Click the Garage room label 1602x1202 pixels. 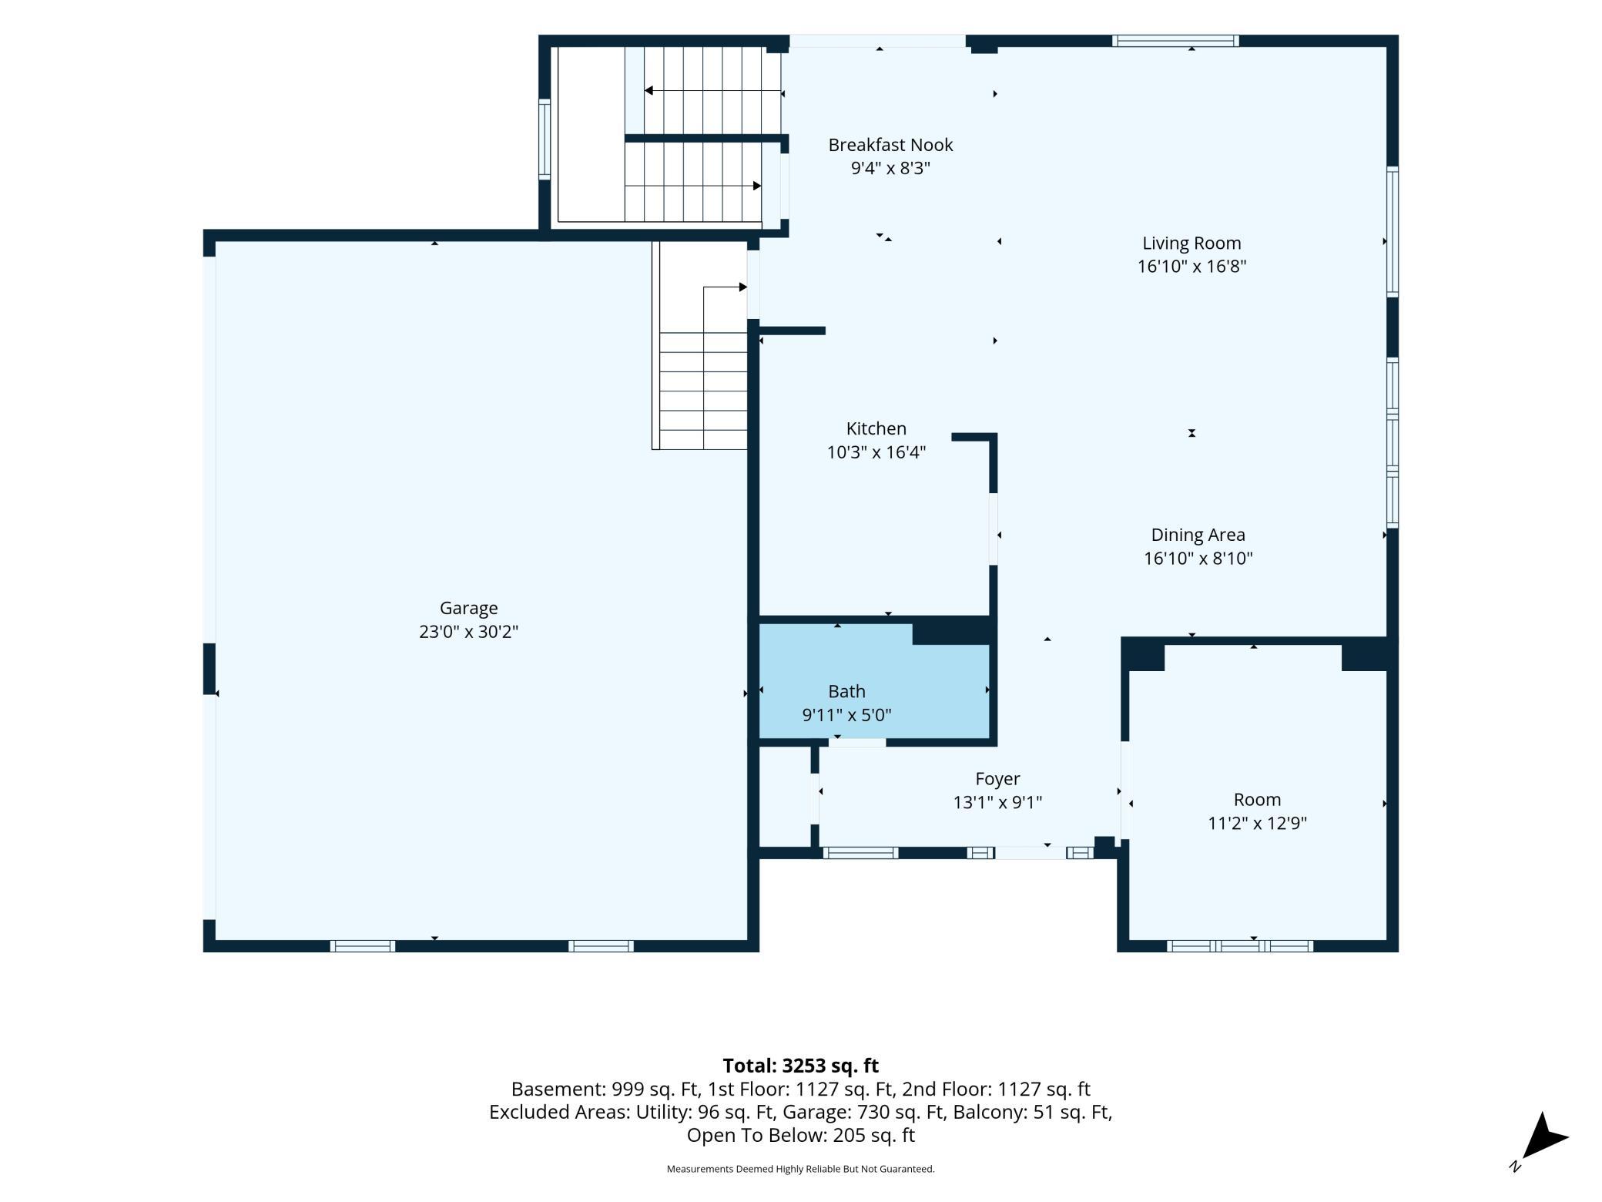point(468,608)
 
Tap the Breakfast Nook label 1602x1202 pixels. point(890,145)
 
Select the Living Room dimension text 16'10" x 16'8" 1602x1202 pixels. point(1191,267)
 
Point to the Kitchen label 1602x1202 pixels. point(876,428)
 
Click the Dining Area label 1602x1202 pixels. point(1198,535)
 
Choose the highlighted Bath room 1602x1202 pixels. point(874,681)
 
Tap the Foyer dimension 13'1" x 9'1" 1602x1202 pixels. point(997,803)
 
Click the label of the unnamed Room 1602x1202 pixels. point(1257,800)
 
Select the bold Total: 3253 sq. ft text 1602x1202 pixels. point(800,1066)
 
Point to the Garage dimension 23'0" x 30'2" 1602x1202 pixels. point(468,632)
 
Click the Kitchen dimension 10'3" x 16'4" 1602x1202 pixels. point(876,452)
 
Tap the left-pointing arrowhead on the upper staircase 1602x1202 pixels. point(649,91)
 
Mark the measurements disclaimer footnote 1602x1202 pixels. point(800,1169)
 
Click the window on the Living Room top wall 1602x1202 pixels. point(1175,41)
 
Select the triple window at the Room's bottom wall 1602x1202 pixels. point(1240,946)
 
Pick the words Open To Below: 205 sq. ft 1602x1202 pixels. point(800,1135)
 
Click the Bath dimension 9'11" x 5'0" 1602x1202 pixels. point(846,715)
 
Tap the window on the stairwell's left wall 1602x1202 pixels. point(545,139)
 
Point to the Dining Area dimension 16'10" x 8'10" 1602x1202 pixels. point(1198,559)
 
